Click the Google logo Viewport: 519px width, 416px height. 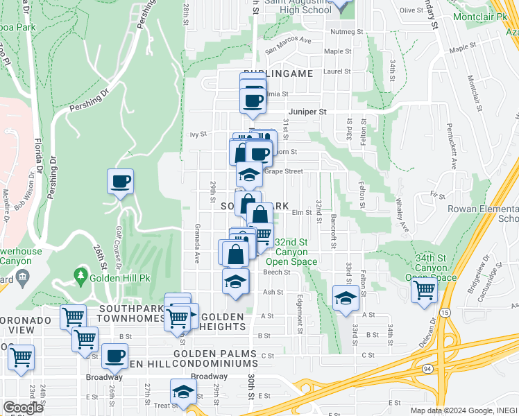(22, 408)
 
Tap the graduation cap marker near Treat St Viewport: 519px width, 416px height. (184, 393)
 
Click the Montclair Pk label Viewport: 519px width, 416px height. (479, 16)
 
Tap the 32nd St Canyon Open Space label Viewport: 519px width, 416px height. (296, 252)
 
